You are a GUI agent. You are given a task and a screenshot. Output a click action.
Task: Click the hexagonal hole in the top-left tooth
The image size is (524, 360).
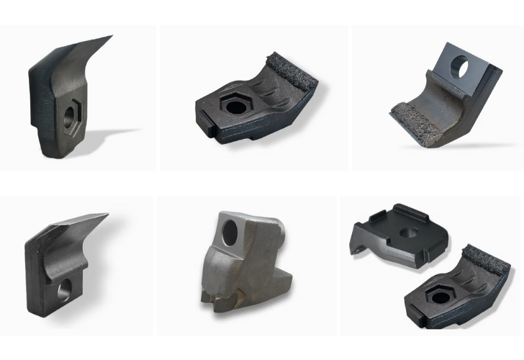pos(72,113)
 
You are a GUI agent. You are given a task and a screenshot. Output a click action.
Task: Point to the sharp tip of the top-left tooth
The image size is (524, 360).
pos(111,36)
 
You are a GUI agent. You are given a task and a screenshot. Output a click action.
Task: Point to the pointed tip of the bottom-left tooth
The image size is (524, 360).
pos(107,215)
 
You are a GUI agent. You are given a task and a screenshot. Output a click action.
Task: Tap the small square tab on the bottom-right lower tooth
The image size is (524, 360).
pos(415,318)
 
